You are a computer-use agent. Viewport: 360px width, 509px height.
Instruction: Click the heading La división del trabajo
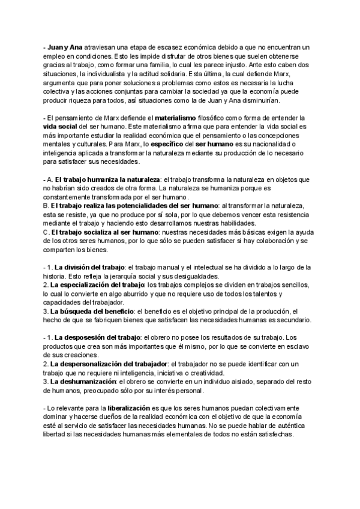[89, 267]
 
